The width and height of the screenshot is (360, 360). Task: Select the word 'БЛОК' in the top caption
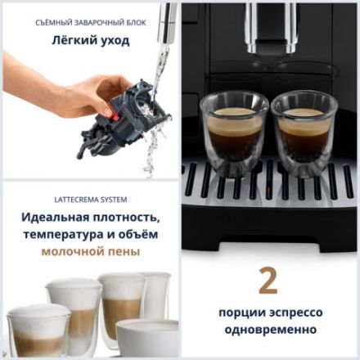tap(135, 22)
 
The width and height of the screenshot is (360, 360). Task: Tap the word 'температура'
tap(70, 235)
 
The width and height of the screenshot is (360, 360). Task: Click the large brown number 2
tap(268, 281)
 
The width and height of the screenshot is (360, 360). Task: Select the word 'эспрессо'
tap(295, 313)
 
